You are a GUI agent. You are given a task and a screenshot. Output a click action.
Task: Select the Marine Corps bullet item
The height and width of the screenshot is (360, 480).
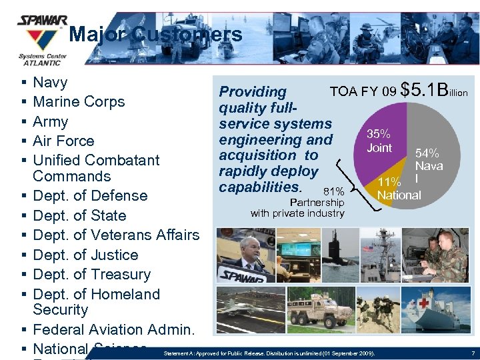pyautogui.click(x=79, y=102)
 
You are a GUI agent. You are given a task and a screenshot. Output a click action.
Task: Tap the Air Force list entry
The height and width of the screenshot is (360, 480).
pyautogui.click(x=63, y=141)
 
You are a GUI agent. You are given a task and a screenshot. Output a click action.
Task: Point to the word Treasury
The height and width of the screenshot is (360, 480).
pyautogui.click(x=121, y=274)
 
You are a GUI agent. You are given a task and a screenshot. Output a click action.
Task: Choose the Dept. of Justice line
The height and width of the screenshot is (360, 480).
pyautogui.click(x=85, y=255)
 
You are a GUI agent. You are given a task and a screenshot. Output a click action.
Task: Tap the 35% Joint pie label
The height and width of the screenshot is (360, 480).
pyautogui.click(x=379, y=141)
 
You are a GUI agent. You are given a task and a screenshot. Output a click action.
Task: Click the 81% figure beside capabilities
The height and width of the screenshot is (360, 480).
pyautogui.click(x=333, y=191)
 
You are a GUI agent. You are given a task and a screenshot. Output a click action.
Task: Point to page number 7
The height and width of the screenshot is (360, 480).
pyautogui.click(x=472, y=352)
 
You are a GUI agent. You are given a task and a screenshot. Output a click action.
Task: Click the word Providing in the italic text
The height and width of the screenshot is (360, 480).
pyautogui.click(x=253, y=92)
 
